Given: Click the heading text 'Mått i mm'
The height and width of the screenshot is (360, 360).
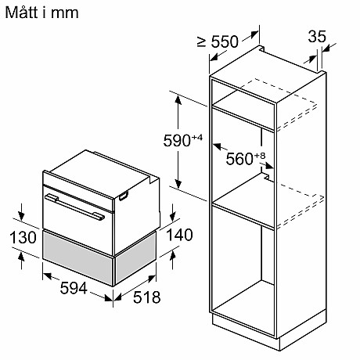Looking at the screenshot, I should tap(40, 13).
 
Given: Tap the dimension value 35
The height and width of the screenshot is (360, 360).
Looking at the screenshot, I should tap(317, 37).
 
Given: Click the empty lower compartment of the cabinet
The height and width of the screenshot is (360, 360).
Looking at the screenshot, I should tap(243, 266).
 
